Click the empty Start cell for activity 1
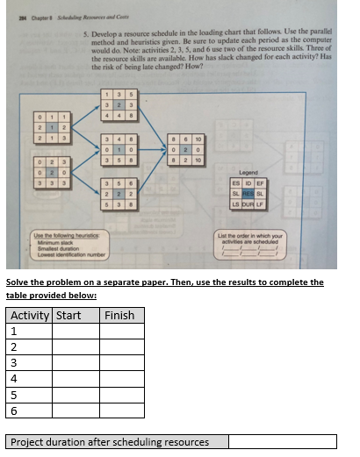(x=75, y=331)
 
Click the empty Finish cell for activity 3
(x=121, y=361)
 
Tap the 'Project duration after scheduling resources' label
(x=110, y=441)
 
